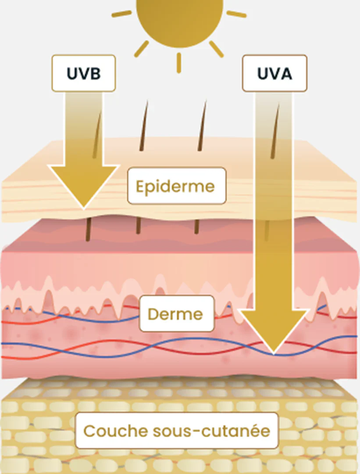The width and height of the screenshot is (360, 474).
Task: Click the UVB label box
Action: click(83, 73)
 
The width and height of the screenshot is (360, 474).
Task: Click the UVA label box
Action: click(274, 73)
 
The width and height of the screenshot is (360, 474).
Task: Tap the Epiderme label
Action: click(176, 186)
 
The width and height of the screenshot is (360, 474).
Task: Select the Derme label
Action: click(176, 313)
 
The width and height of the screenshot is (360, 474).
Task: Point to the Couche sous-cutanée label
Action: click(176, 431)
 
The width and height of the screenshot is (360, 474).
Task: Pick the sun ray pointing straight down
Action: click(178, 63)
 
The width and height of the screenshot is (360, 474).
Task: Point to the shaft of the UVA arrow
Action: click(273, 197)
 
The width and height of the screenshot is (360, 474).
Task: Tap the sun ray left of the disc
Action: click(122, 14)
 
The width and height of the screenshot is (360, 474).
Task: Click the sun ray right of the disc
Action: click(236, 14)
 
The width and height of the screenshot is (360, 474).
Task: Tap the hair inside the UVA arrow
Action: click(275, 132)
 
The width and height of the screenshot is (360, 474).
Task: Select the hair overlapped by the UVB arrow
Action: click(97, 132)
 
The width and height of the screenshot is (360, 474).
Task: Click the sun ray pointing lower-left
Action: click(141, 49)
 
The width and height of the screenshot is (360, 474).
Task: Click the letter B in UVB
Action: click(95, 73)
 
